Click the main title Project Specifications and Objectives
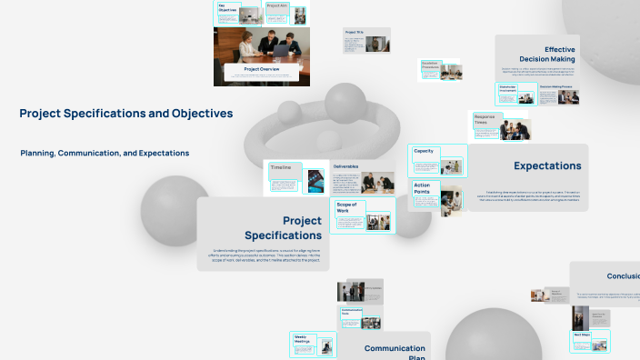tap(125, 114)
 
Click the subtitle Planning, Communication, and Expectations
tap(105, 153)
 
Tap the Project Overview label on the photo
tap(261, 69)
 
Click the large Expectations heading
tap(547, 165)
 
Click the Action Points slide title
tap(422, 188)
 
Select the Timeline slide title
tap(281, 168)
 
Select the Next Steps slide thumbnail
tap(582, 342)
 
